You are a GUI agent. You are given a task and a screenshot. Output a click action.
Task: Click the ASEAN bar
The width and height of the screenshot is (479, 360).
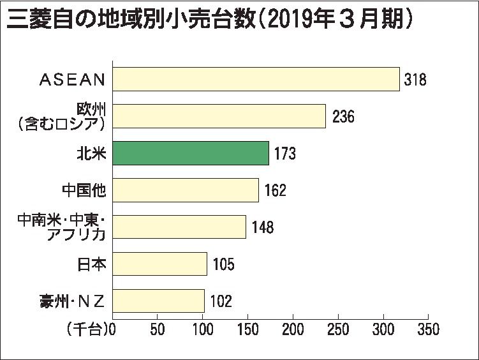pyautogui.click(x=256, y=79)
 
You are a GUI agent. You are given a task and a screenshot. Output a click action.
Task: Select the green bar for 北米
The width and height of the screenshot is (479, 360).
pyautogui.click(x=191, y=153)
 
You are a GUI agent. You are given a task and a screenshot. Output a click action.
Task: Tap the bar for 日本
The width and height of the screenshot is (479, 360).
pyautogui.click(x=159, y=264)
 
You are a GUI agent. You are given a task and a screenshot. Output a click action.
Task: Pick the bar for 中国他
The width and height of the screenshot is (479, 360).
pyautogui.click(x=186, y=190)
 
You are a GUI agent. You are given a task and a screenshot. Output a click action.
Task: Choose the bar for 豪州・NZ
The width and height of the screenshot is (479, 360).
pyautogui.click(x=158, y=301)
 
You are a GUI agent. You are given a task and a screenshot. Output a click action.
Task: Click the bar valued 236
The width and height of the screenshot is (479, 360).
pyautogui.click(x=219, y=116)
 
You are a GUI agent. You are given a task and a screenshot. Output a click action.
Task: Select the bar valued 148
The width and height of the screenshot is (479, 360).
pyautogui.click(x=179, y=227)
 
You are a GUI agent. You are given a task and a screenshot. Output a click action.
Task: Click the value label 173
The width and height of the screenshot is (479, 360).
pyautogui.click(x=284, y=154)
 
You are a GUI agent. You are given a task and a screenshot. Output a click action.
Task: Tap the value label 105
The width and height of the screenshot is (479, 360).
pyautogui.click(x=223, y=264)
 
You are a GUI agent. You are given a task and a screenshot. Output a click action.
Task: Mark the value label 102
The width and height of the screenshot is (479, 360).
pyautogui.click(x=220, y=301)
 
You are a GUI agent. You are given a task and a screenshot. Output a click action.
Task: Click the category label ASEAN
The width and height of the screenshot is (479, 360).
pyautogui.click(x=72, y=80)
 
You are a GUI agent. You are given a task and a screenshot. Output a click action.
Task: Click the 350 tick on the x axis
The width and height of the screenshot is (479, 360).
pyautogui.click(x=428, y=330)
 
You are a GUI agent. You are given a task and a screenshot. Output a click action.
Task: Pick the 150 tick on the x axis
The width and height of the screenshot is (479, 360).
pyautogui.click(x=248, y=330)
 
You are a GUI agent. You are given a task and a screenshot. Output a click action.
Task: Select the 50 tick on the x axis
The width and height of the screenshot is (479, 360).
pyautogui.click(x=158, y=330)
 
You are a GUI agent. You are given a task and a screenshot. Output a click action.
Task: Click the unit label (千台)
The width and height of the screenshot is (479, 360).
pyautogui.click(x=87, y=330)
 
